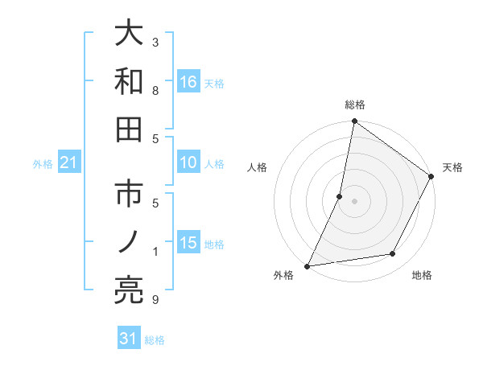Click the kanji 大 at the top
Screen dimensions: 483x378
click(130, 35)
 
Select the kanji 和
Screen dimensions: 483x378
click(130, 82)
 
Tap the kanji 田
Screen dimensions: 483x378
click(130, 129)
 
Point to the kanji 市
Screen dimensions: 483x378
click(130, 197)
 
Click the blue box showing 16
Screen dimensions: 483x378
click(188, 82)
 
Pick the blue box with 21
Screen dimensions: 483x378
click(69, 163)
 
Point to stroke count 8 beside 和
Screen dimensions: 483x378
click(155, 89)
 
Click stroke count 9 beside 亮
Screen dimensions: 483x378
click(155, 300)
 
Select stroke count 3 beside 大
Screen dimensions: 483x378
click(155, 42)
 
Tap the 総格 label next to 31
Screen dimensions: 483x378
click(155, 340)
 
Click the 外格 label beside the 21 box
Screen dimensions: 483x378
click(43, 164)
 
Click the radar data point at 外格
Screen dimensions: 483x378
click(308, 265)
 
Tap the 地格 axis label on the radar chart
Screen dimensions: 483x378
click(422, 275)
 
